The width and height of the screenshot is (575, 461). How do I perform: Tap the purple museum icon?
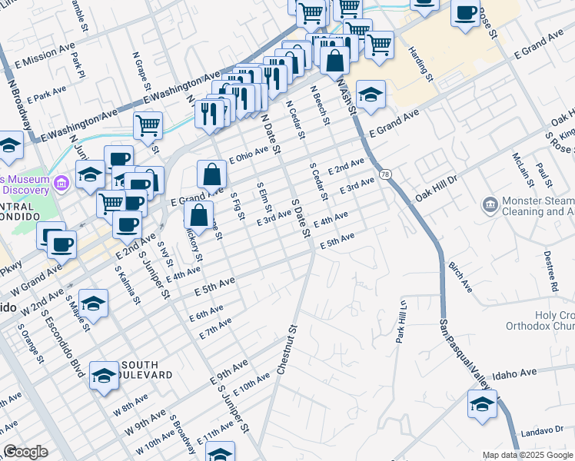click(x=62, y=183)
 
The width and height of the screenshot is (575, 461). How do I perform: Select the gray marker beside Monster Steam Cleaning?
click(x=490, y=204)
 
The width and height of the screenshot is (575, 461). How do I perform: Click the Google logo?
click(x=25, y=452)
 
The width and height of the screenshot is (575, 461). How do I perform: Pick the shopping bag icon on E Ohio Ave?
click(x=211, y=174)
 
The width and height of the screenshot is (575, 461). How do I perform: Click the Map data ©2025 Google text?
click(x=527, y=455)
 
